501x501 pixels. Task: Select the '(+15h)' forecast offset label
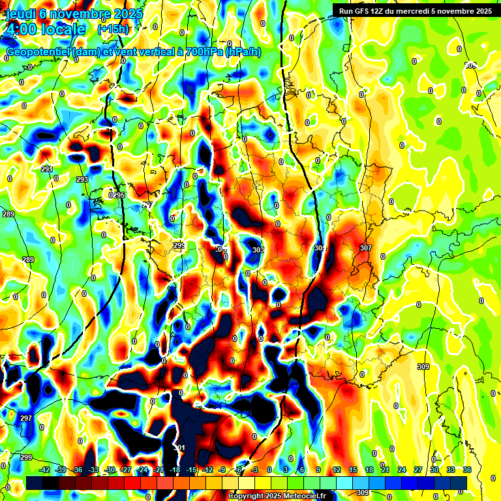tap(113, 29)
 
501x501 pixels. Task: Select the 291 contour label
tap(46, 170)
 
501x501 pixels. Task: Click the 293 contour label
tap(82, 179)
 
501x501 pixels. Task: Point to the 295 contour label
tap(117, 195)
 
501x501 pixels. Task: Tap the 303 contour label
tap(258, 250)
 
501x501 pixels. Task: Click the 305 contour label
tap(320, 248)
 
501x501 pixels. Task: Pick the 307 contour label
tap(365, 248)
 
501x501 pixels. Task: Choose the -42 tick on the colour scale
tap(45, 470)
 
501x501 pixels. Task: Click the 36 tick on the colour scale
tap(467, 470)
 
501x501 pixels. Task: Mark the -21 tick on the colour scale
tap(159, 470)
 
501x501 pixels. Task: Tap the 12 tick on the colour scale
tap(337, 470)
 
